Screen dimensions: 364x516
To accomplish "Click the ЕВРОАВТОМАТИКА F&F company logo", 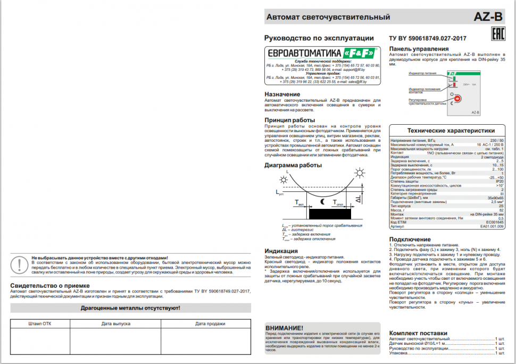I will (322, 53).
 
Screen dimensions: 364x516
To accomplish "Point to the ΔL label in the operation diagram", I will (359, 199).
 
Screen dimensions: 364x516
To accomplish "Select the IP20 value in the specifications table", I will (500, 181).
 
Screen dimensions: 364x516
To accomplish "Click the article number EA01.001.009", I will (492, 226).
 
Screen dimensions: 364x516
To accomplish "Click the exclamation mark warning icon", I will (20, 265).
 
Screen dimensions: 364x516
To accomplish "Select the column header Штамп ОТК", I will (40, 323).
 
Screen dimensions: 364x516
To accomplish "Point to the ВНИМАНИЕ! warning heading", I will (284, 328).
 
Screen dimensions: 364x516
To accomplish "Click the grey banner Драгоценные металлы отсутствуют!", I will (130, 308).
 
